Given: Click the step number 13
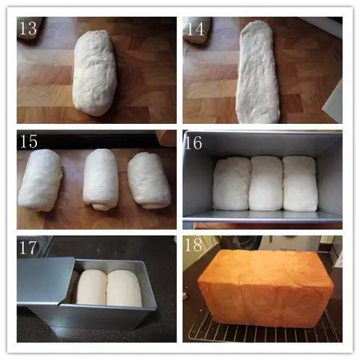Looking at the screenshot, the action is (28, 28).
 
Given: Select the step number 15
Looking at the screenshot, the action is (28, 141).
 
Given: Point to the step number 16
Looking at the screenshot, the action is (193, 142).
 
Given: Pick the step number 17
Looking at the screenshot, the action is (28, 247).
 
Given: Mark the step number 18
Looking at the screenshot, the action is (193, 245).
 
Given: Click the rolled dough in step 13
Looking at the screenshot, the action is (95, 72).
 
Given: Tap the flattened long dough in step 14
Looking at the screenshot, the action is (259, 72).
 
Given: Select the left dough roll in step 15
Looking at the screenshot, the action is (40, 180).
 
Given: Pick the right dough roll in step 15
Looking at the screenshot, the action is (148, 180).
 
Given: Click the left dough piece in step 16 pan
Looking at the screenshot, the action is (231, 183).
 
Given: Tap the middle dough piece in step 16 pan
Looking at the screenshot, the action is (266, 183).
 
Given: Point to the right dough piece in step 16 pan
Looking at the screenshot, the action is (300, 183).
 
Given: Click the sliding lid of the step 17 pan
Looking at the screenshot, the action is (45, 281).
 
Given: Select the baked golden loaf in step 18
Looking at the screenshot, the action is (266, 288).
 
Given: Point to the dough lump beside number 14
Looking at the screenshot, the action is (196, 30).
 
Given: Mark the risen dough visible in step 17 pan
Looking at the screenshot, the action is (110, 288).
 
